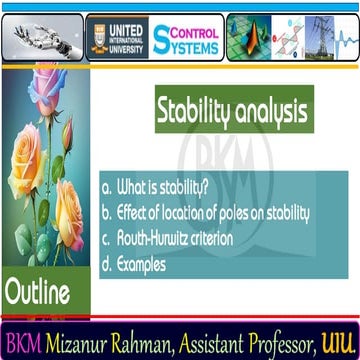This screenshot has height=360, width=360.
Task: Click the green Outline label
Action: (38, 294)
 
